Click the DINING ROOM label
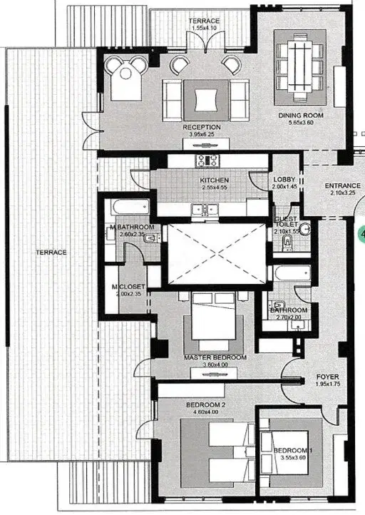[x=301, y=116]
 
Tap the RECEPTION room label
[x=202, y=127]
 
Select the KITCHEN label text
[x=215, y=180]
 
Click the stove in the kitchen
[x=207, y=160]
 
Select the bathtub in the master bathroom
[x=130, y=207]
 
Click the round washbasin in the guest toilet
[x=305, y=228]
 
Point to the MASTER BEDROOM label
[x=215, y=357]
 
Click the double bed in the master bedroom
[x=214, y=316]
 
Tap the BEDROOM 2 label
[x=205, y=405]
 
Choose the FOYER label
[x=327, y=377]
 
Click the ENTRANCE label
[x=343, y=185]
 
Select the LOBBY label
[x=284, y=179]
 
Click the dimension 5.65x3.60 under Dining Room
[x=301, y=123]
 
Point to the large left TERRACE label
[x=51, y=253]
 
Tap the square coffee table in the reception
[x=206, y=100]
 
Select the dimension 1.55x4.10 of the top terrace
[x=204, y=28]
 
